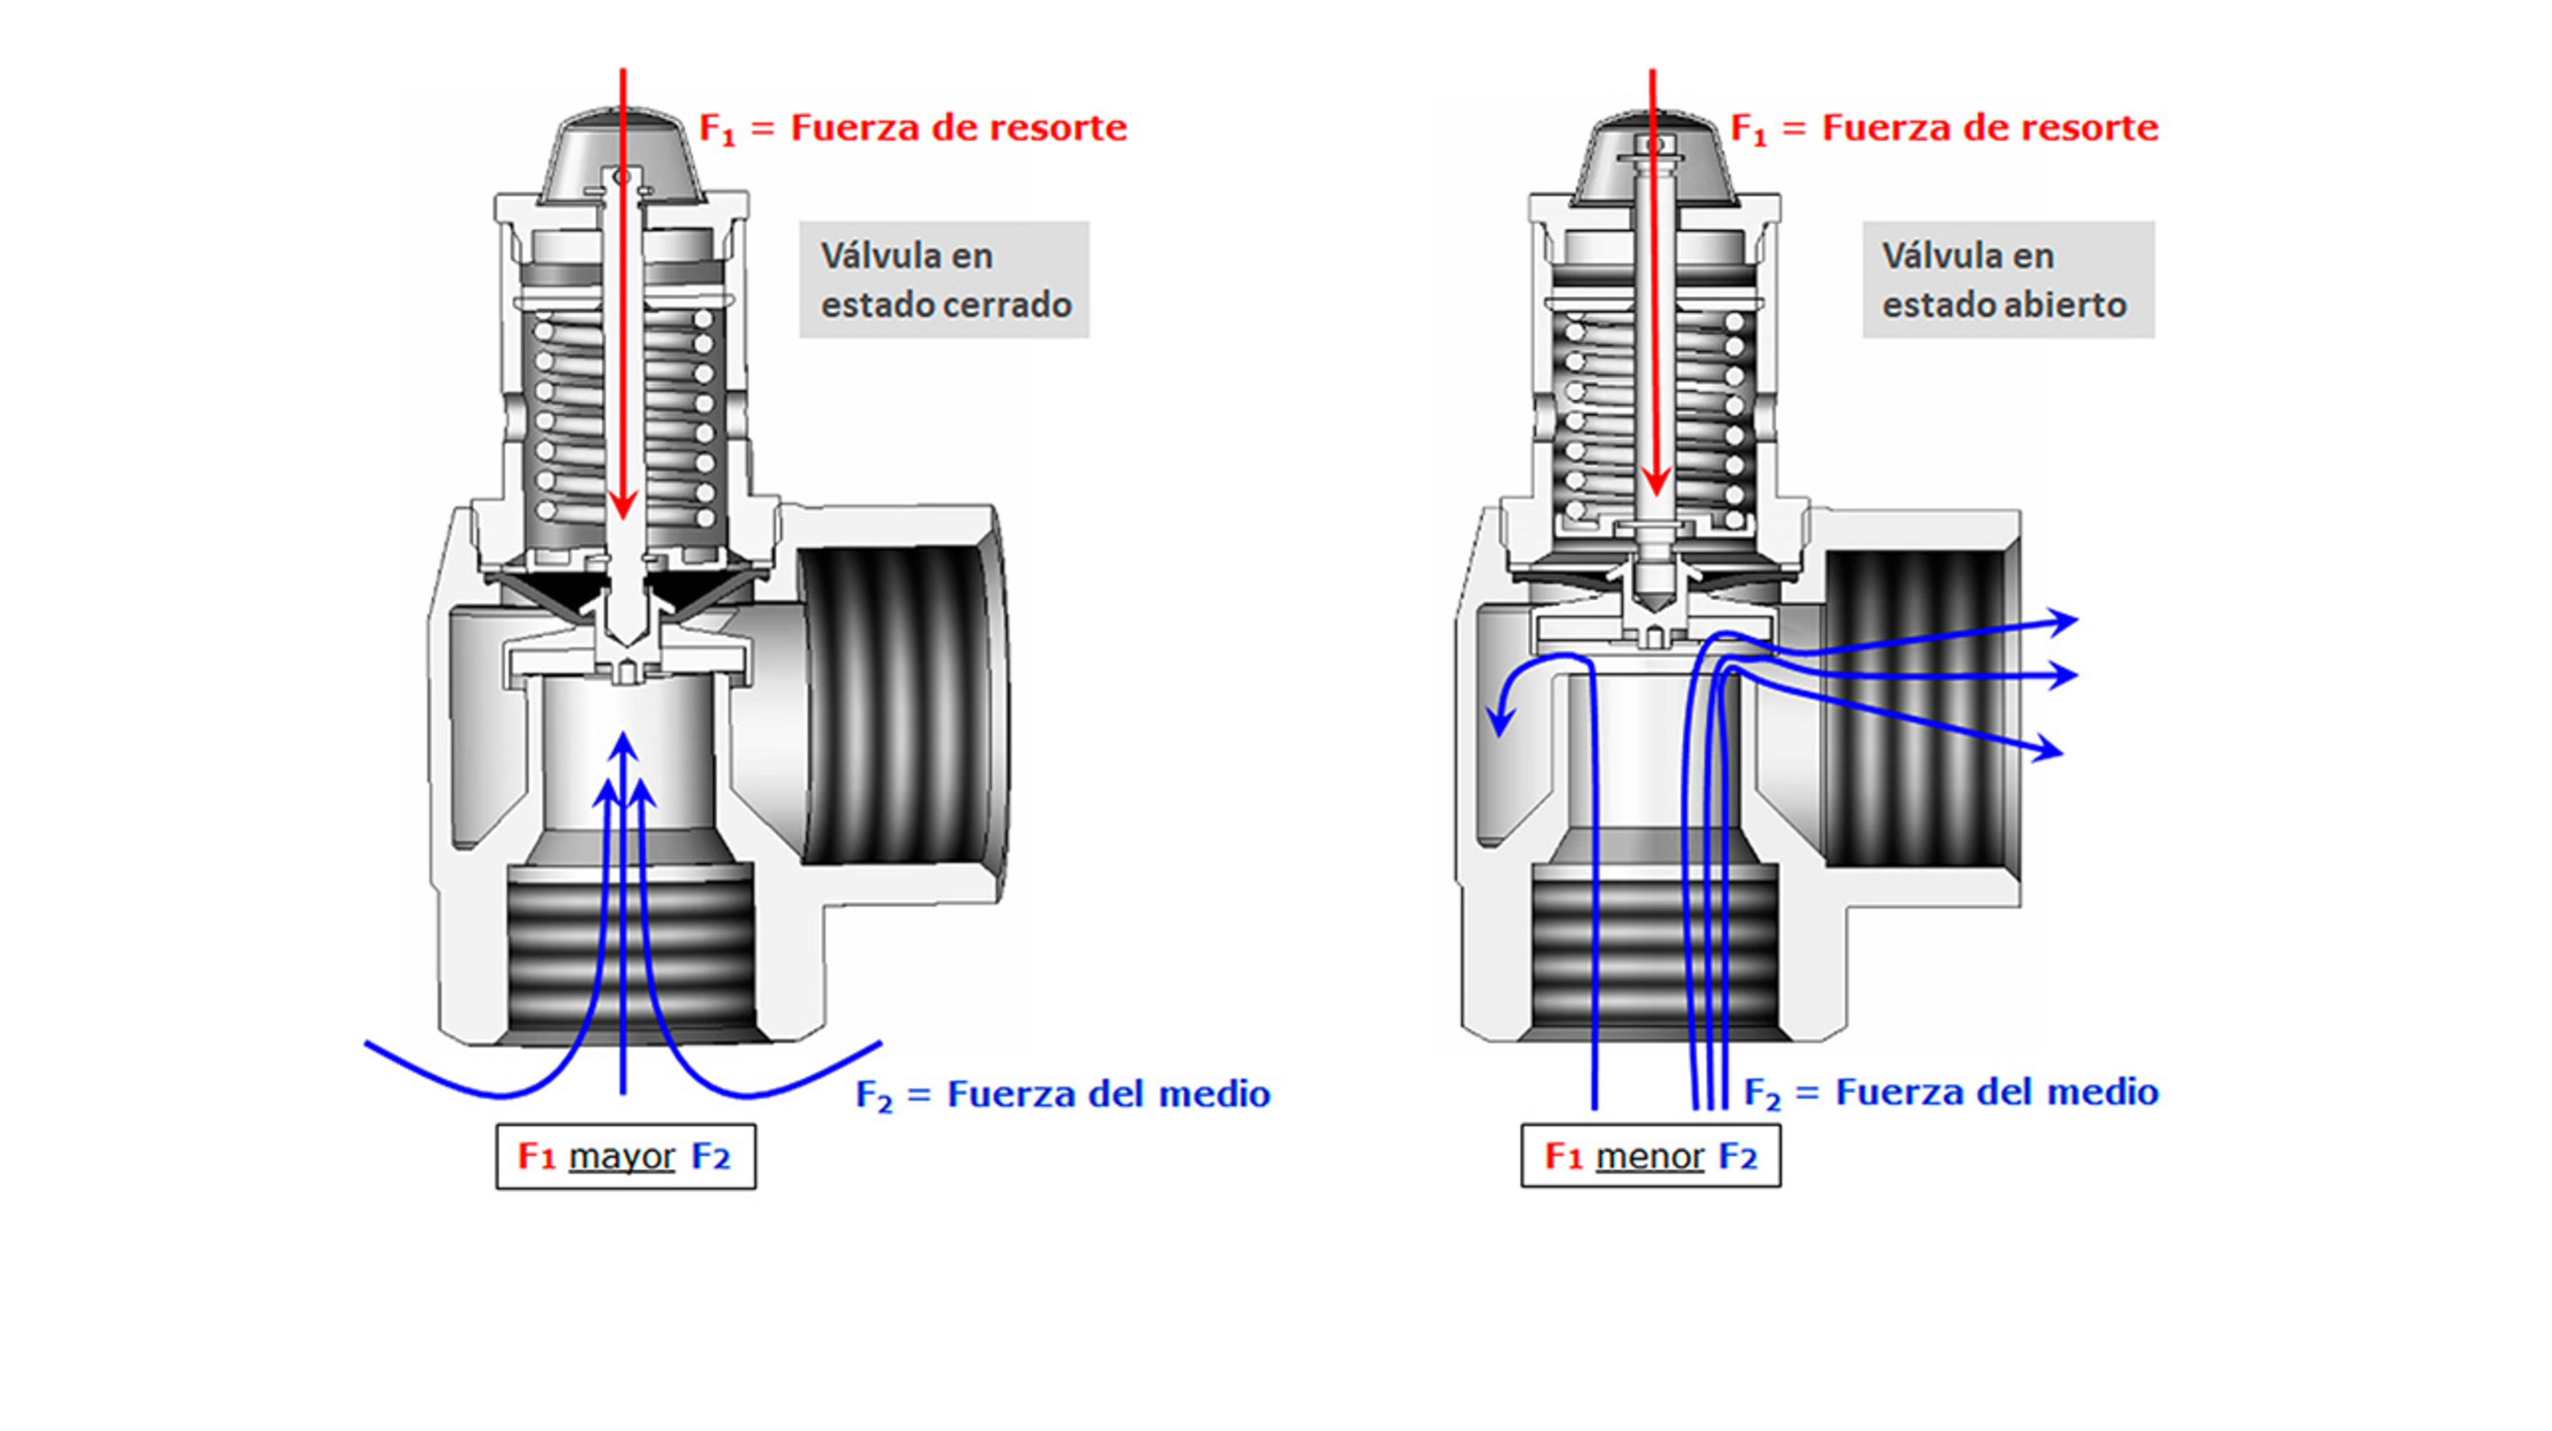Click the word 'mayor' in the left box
coord(621,1156)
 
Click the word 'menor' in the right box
coord(1649,1156)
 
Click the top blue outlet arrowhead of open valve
coord(2064,622)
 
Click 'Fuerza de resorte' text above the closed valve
coord(958,128)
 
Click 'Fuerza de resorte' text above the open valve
coord(1989,128)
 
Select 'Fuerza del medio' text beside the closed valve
coord(1108,1094)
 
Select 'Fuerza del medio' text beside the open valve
coord(1996,1092)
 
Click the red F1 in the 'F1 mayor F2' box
coord(536,1156)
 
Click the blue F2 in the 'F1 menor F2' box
coord(1738,1156)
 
